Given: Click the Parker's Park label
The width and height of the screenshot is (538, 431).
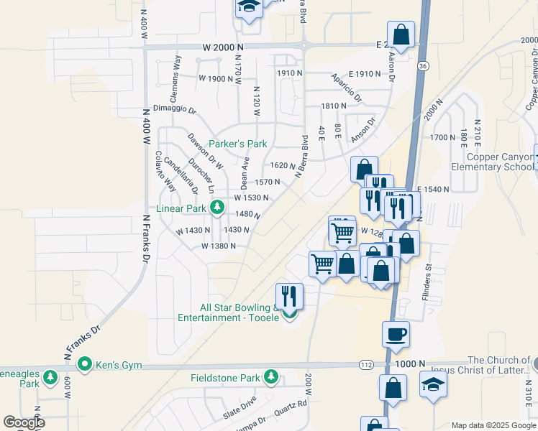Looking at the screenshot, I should [x=237, y=144].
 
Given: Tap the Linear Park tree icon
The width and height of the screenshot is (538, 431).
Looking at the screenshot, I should [x=216, y=208].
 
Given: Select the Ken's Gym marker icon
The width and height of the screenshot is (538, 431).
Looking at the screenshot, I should [x=85, y=364].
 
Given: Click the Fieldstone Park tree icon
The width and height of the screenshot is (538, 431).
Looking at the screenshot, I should [x=270, y=376].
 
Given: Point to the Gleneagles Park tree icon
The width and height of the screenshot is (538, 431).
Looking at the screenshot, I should [x=50, y=376].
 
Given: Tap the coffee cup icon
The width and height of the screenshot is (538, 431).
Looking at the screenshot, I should [x=396, y=333].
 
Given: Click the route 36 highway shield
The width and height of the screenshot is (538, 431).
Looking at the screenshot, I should [x=424, y=66].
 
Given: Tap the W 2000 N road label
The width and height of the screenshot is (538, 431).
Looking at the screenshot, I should [x=223, y=47].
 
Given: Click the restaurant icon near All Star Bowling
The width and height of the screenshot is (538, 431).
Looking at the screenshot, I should [x=289, y=295].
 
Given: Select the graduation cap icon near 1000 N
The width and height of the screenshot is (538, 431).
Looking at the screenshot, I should [x=434, y=384].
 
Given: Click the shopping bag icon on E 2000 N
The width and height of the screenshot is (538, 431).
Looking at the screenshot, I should [x=401, y=33].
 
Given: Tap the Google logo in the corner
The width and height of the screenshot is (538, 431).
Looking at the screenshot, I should [x=24, y=422].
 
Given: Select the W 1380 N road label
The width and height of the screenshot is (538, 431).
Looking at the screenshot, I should [x=219, y=246].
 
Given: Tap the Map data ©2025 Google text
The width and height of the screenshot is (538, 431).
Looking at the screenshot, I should [x=493, y=425].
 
